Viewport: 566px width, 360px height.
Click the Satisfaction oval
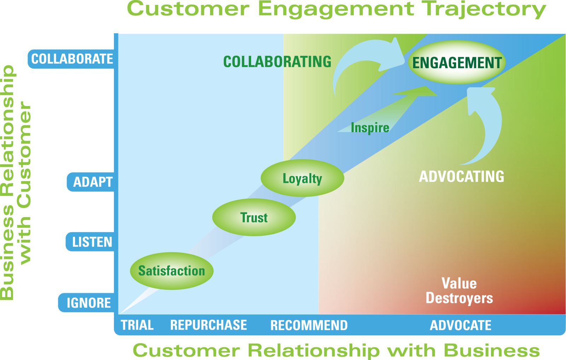click(172, 271)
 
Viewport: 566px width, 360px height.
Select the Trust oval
click(254, 217)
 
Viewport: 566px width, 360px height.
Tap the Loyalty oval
click(302, 178)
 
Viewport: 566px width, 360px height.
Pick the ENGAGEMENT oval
click(457, 63)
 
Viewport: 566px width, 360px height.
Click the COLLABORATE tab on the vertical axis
click(72, 59)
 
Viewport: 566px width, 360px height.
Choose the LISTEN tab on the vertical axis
click(92, 242)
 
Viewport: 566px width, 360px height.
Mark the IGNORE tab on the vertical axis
click(88, 303)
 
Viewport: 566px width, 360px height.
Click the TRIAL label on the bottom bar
click(137, 325)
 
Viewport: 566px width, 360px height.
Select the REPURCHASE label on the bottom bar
click(208, 325)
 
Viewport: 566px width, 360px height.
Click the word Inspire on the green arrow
click(370, 128)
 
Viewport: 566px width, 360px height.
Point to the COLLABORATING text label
click(277, 62)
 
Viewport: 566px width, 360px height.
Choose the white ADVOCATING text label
click(461, 176)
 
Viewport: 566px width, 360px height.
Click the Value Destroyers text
click(459, 291)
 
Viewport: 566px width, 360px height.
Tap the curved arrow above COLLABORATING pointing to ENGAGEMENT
click(364, 60)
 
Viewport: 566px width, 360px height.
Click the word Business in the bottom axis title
click(492, 350)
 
